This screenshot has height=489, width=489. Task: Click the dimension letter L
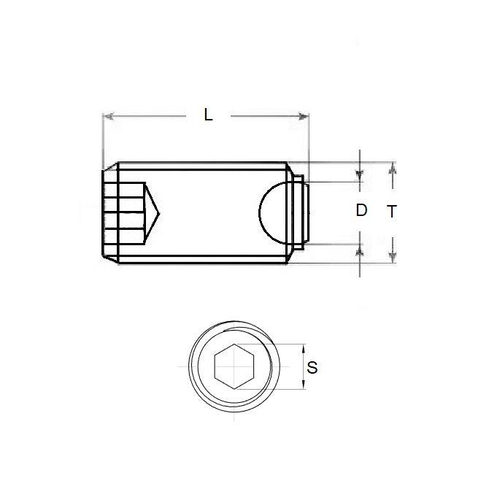click(208, 115)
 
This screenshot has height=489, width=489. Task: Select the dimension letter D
click(361, 211)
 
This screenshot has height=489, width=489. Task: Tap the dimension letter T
click(392, 212)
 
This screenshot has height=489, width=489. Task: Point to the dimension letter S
click(312, 368)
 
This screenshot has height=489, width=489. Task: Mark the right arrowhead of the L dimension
click(304, 115)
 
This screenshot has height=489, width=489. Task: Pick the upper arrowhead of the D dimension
click(360, 176)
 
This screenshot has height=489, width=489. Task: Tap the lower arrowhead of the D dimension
click(360, 250)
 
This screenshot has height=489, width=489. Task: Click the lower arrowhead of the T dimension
click(393, 257)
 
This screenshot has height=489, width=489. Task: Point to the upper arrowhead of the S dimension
click(304, 348)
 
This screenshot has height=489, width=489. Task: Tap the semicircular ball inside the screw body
click(273, 211)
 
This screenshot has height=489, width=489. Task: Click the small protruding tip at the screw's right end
click(307, 212)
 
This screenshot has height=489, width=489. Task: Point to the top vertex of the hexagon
click(234, 345)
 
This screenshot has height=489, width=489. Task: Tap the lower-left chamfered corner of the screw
click(108, 256)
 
